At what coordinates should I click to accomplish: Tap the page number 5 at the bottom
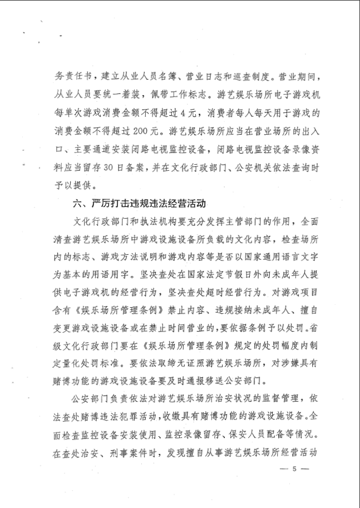coord(295,468)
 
